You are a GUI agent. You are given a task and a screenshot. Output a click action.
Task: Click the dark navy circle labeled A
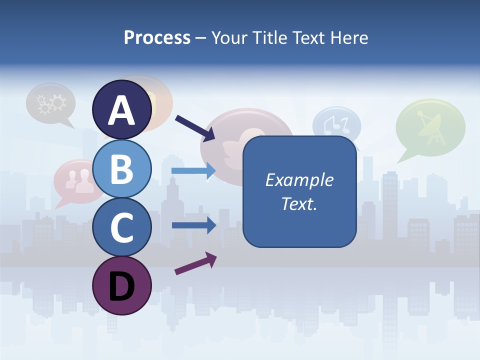(122, 109)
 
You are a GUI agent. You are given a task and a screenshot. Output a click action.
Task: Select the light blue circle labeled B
(122, 168)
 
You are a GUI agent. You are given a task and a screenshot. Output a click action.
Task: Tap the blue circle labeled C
(122, 227)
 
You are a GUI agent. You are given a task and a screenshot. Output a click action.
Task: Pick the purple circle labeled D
(122, 285)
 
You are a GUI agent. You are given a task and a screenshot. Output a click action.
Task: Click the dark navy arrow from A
(195, 128)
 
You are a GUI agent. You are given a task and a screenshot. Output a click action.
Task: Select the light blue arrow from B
(193, 170)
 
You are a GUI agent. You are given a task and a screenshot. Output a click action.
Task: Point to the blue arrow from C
(193, 225)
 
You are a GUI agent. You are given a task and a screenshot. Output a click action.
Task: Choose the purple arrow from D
(195, 263)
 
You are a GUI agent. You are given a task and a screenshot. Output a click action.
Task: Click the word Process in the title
(157, 37)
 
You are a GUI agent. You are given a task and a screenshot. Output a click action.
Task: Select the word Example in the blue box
(299, 180)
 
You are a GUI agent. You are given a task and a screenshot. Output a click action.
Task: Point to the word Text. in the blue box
(299, 204)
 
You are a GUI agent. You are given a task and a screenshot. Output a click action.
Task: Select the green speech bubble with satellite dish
(430, 127)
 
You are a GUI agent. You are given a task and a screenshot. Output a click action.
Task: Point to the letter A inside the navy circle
(122, 110)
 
